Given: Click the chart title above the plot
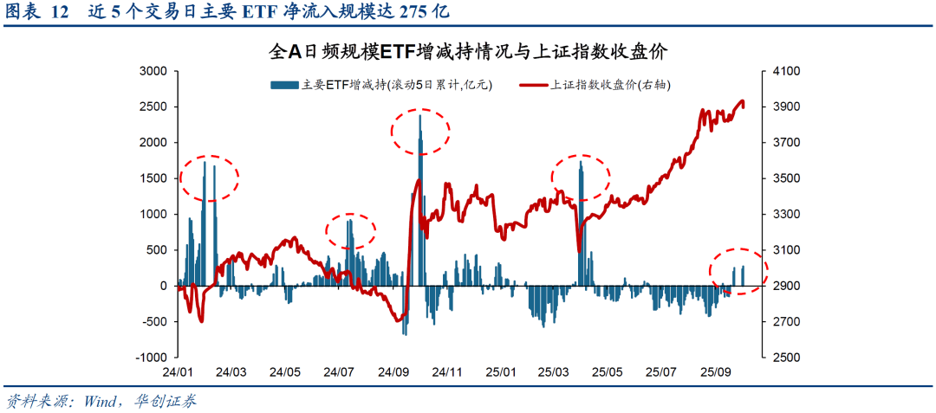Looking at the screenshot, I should (x=468, y=52).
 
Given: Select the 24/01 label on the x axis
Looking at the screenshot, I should (x=178, y=372).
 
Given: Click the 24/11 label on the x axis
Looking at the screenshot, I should (x=446, y=372).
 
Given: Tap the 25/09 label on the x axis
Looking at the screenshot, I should (x=716, y=372).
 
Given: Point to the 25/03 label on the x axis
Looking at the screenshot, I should (x=555, y=372).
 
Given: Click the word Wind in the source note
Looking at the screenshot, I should (x=102, y=402).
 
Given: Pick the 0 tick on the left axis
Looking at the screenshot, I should (x=164, y=285).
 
